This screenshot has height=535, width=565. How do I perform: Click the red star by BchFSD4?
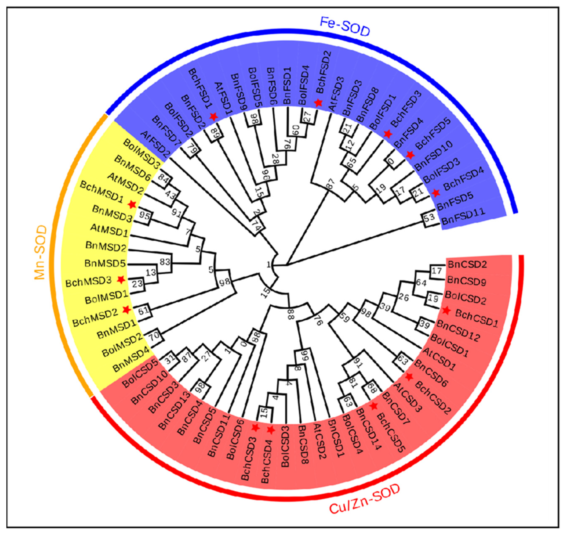pyautogui.click(x=436, y=193)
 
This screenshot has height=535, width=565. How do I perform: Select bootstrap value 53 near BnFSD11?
pyautogui.click(x=429, y=217)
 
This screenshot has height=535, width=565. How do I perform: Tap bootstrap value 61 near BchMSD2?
pyautogui.click(x=144, y=310)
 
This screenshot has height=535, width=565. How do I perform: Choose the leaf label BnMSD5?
pyautogui.click(x=105, y=263)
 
